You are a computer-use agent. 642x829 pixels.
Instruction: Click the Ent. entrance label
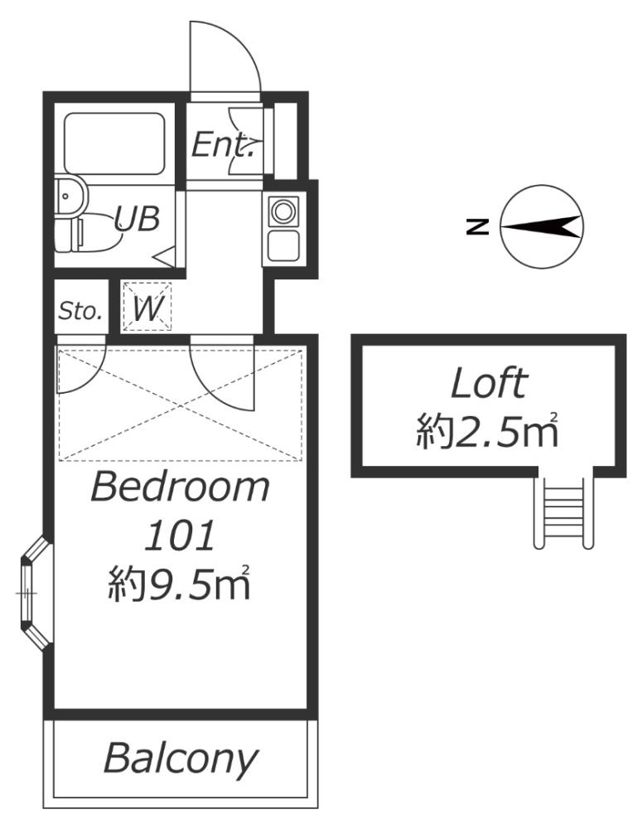(x=222, y=147)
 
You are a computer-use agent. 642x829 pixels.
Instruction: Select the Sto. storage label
(x=80, y=312)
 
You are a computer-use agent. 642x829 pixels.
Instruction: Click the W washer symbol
(x=147, y=308)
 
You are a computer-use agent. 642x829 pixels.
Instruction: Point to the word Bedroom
(x=180, y=487)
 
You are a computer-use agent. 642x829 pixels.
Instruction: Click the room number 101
(x=180, y=537)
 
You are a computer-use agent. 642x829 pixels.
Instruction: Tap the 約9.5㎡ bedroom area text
(x=180, y=586)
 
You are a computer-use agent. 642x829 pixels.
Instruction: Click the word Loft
(x=488, y=384)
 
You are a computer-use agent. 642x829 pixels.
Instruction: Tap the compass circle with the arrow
(x=542, y=226)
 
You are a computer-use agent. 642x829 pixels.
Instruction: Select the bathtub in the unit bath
(x=114, y=143)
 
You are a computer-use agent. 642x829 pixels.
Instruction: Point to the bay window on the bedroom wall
(x=33, y=594)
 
